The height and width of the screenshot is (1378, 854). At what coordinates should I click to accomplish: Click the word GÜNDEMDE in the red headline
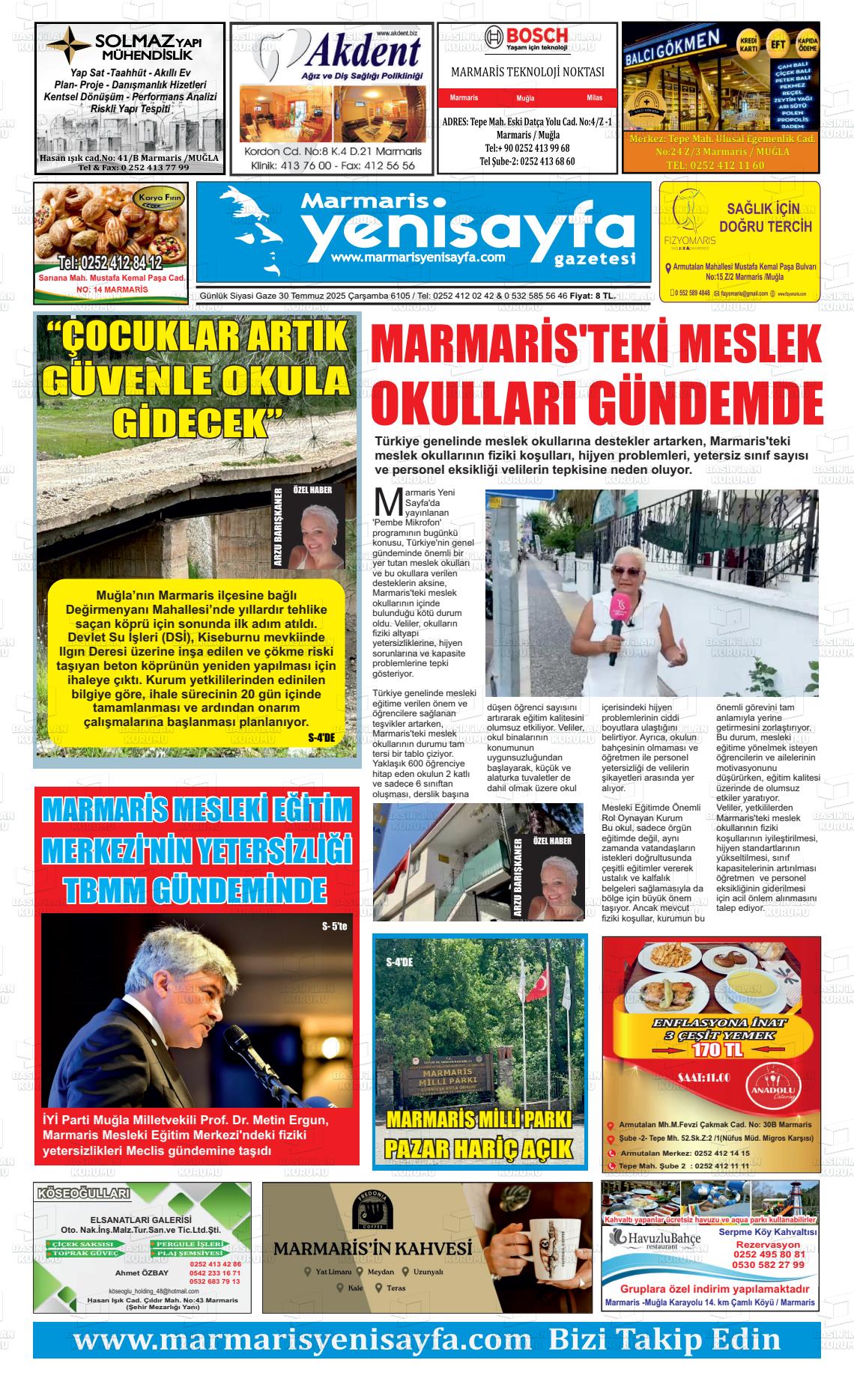703,403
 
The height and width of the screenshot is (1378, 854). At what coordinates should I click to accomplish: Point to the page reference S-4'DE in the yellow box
322,737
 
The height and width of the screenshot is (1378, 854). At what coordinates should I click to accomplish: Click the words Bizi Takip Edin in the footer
664,1338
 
